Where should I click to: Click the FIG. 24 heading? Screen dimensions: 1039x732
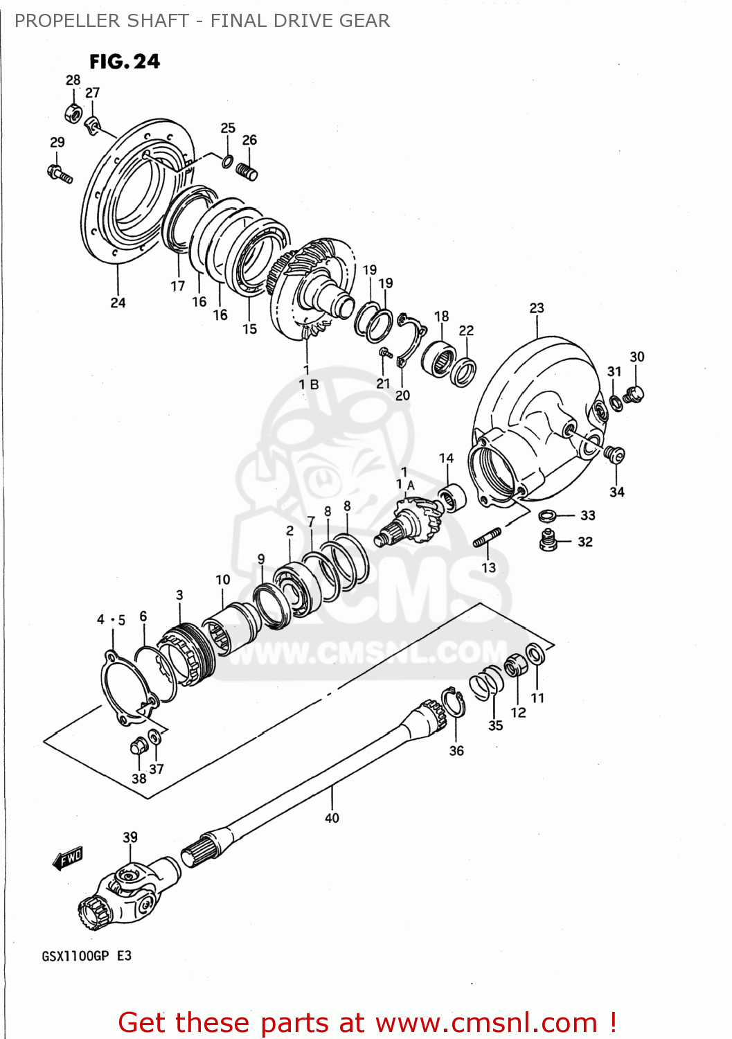[x=125, y=62]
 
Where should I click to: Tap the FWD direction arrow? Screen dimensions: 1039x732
[x=68, y=859]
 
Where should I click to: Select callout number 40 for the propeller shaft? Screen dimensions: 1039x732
[x=332, y=818]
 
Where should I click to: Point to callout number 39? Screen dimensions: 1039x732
[x=130, y=837]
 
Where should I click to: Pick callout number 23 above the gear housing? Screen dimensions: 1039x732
[x=537, y=308]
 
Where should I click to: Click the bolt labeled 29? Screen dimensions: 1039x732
[x=60, y=172]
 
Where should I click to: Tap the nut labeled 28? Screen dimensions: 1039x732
[x=73, y=111]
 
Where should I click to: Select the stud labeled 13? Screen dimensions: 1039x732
[x=487, y=537]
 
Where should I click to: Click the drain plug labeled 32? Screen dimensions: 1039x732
[x=548, y=540]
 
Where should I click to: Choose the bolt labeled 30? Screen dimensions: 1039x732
[x=634, y=395]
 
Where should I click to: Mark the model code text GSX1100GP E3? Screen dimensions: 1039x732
[x=87, y=956]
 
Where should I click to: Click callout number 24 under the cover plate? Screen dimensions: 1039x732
[x=118, y=303]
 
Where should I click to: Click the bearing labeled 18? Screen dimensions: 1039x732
[x=438, y=359]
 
